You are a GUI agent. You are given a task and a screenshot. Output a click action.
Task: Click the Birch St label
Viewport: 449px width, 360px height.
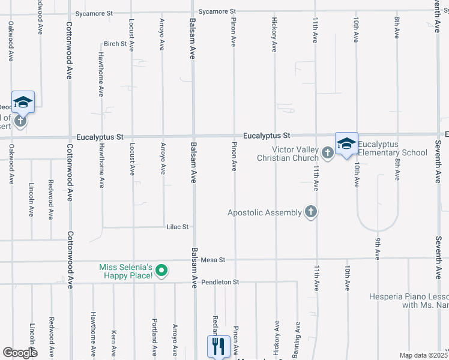(115, 44)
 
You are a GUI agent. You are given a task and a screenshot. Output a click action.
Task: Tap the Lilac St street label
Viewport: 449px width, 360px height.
(178, 227)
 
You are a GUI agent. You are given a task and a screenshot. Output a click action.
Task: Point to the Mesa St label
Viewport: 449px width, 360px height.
(212, 260)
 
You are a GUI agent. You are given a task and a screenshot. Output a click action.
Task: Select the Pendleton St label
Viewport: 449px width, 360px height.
(220, 282)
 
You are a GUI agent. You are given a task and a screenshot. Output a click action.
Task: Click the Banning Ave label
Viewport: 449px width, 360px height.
(297, 336)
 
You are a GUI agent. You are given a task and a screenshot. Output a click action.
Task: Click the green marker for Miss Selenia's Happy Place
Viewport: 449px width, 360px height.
(160, 271)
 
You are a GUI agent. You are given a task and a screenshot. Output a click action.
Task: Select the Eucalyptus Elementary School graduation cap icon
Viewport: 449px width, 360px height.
(346, 143)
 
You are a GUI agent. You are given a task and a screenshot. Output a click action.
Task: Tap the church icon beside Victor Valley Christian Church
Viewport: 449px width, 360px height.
(327, 152)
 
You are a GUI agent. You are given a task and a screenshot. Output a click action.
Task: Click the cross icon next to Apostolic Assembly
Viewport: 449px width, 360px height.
(310, 211)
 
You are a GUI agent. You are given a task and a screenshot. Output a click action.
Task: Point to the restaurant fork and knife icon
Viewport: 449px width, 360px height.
(218, 346)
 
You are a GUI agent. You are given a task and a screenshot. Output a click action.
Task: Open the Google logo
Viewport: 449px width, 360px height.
(20, 353)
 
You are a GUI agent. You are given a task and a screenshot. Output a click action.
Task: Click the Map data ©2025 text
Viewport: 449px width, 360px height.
(423, 355)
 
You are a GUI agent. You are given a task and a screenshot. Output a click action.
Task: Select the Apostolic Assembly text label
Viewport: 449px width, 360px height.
(264, 212)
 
